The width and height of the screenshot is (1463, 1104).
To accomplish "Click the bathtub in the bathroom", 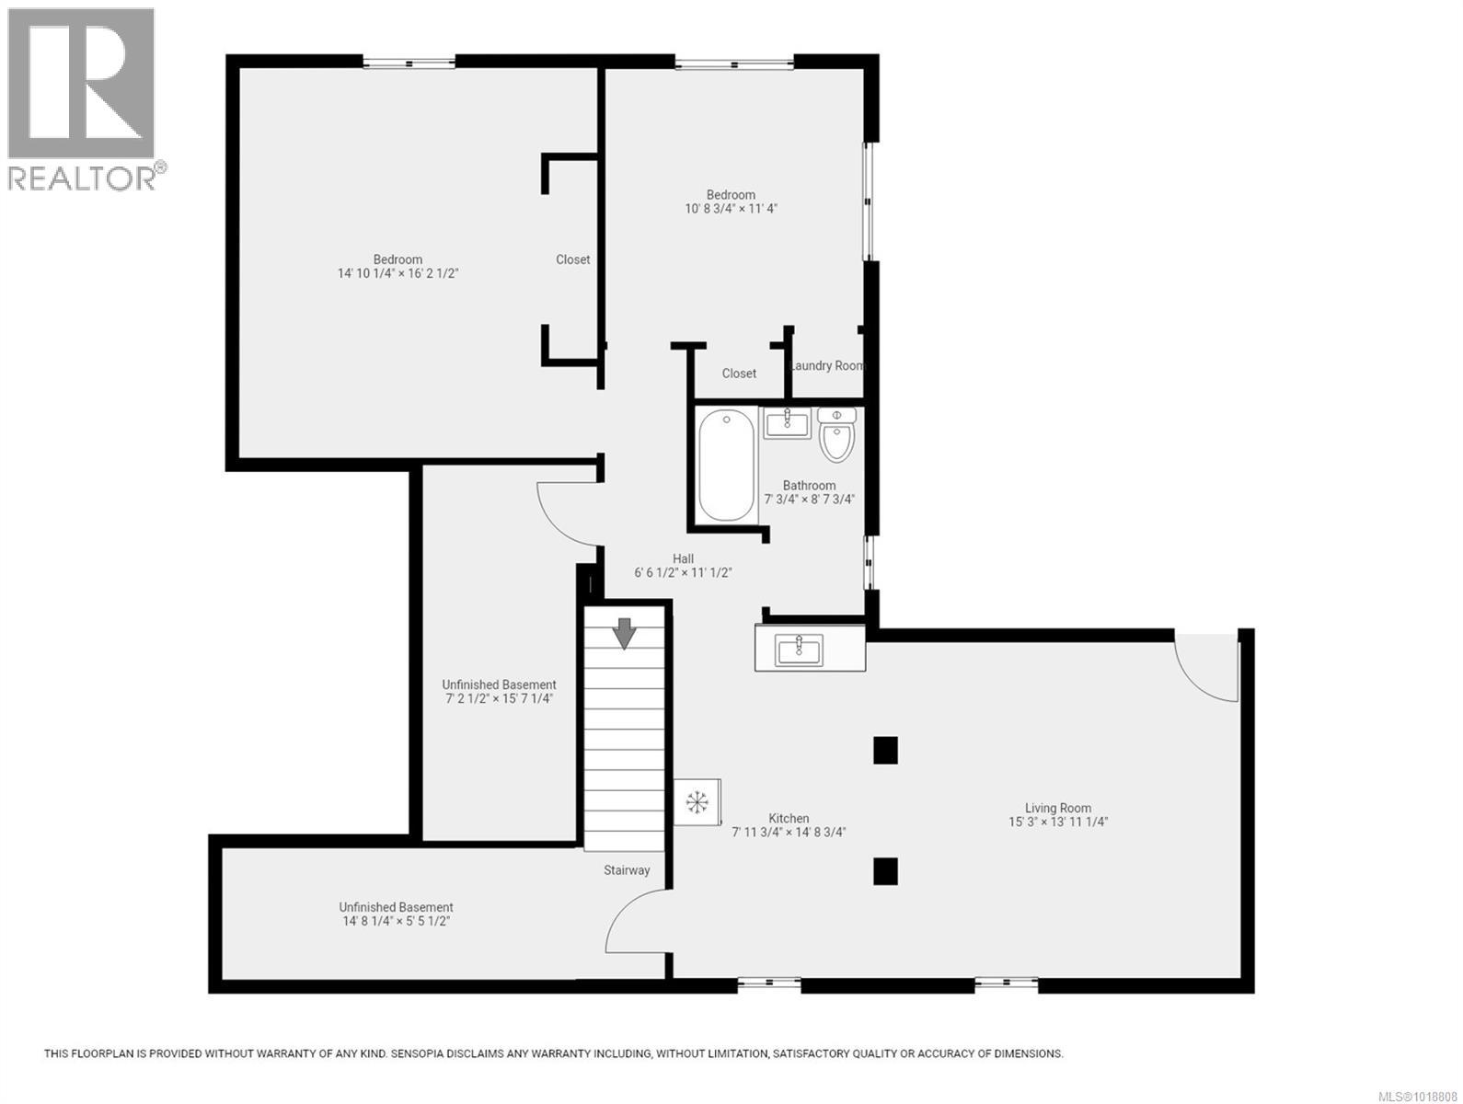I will point(727,466).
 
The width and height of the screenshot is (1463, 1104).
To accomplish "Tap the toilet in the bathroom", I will point(836,436).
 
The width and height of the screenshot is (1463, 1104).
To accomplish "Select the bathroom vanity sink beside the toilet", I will point(786,424).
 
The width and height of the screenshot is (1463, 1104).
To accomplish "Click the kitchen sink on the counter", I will point(800,650).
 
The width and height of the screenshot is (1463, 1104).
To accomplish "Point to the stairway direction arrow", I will point(625,633).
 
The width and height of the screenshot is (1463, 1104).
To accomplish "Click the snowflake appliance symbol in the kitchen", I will point(697,802).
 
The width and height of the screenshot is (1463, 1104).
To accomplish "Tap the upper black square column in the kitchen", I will point(885,750).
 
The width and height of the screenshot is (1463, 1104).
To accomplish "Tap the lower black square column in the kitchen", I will point(885,870).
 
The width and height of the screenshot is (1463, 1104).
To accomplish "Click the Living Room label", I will point(1057,808).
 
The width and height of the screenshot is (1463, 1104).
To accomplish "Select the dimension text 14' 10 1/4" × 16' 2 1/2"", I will point(397,273).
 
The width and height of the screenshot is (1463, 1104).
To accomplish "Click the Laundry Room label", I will point(828,365).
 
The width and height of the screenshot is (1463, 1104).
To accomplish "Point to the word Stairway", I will point(627,869).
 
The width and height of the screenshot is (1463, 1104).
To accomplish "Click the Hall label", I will point(683,558).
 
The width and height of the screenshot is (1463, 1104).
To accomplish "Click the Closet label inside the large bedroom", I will point(572,259).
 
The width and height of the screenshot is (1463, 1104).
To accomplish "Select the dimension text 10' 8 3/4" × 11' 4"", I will point(731,209).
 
